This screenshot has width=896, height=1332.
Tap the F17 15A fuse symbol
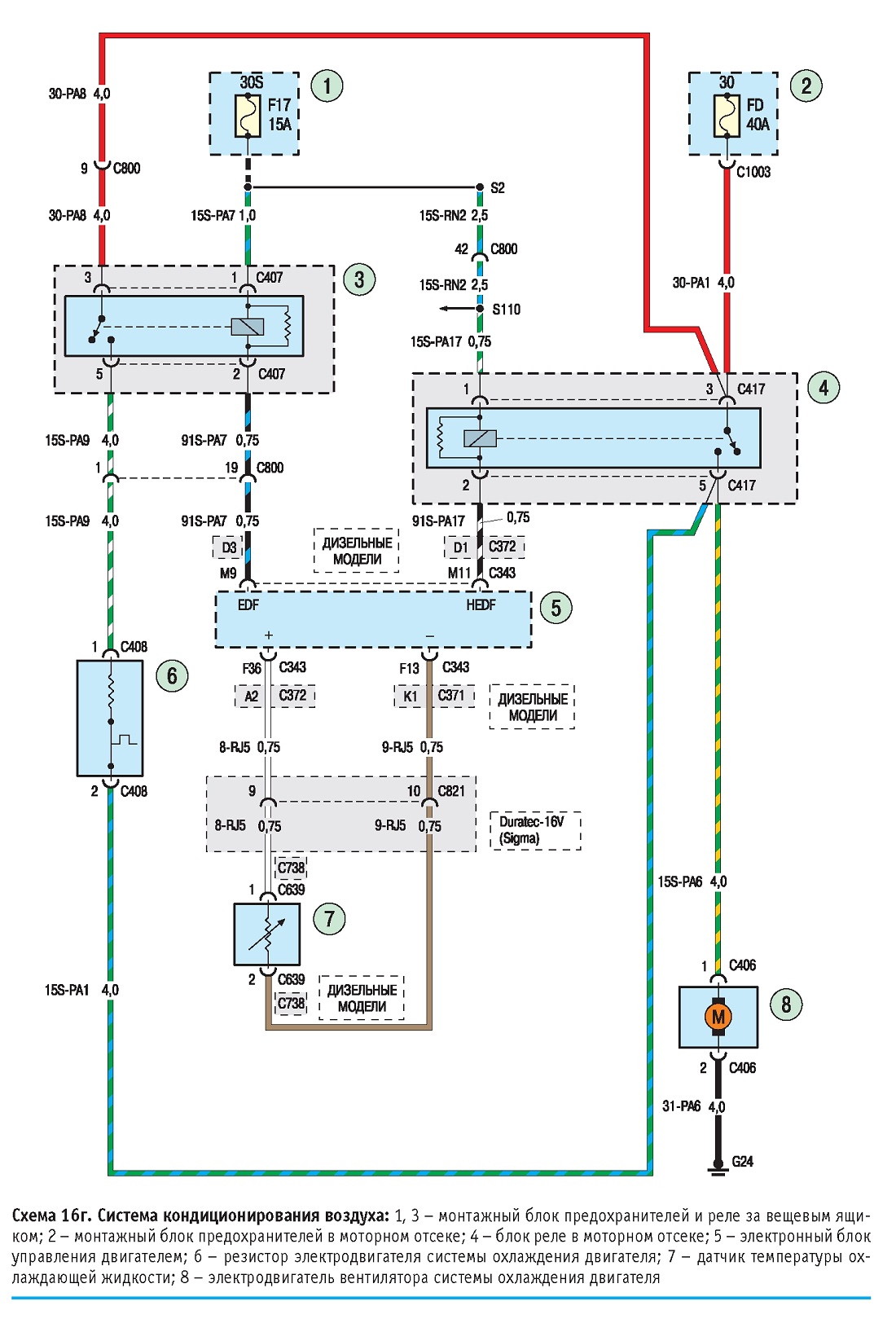(x=248, y=115)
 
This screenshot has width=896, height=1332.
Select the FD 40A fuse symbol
(x=727, y=115)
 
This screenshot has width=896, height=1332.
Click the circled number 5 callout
(x=556, y=608)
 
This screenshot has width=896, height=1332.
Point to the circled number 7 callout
(x=329, y=919)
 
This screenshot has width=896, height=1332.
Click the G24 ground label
(x=743, y=1161)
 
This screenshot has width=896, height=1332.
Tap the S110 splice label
(x=506, y=310)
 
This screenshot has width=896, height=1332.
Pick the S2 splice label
(x=498, y=188)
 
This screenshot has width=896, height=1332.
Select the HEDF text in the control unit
(x=481, y=605)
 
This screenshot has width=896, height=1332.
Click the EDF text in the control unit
(x=248, y=605)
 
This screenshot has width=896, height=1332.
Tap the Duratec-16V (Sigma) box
(x=535, y=830)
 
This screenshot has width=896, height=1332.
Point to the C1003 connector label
(x=753, y=172)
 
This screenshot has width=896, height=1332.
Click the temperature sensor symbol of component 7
(x=267, y=934)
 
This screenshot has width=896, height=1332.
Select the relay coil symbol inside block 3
(x=248, y=327)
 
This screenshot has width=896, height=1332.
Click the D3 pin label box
(x=228, y=547)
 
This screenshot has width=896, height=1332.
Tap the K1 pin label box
(x=410, y=696)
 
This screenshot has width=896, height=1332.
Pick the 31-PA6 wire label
(x=681, y=1106)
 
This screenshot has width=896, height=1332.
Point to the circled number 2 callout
(x=806, y=86)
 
